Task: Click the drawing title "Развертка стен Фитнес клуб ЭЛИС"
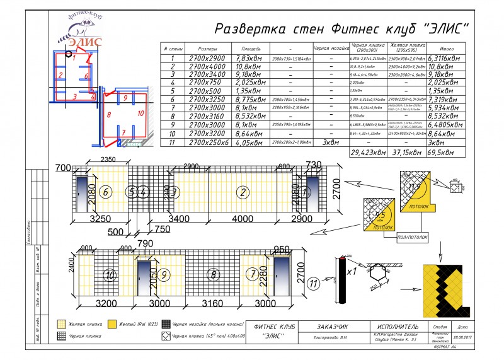click(343, 29)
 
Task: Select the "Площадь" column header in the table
click(251, 49)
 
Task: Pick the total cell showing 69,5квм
click(445, 152)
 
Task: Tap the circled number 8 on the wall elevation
click(214, 274)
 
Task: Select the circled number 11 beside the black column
click(313, 284)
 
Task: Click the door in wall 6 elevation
click(83, 192)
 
